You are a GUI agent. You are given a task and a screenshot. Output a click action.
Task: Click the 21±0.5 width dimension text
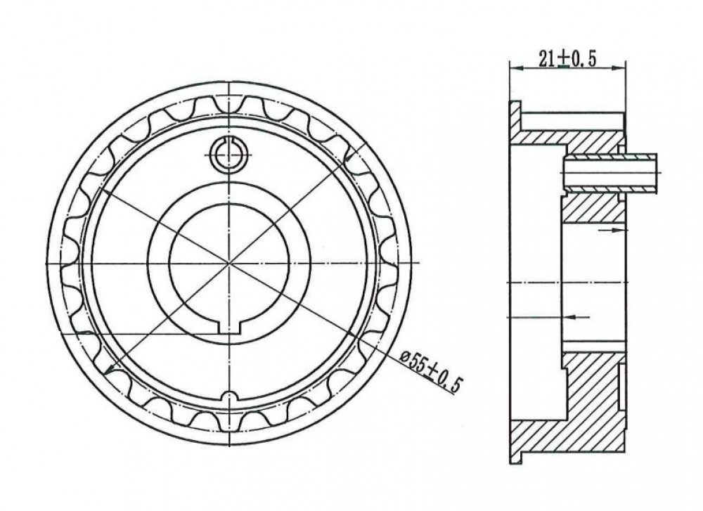(x=567, y=59)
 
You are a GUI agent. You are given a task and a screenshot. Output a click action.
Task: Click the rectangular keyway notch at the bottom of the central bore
(x=230, y=328)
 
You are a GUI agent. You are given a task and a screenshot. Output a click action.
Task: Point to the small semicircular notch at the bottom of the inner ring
(x=229, y=397)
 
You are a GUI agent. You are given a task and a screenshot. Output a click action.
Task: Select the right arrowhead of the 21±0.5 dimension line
(x=619, y=68)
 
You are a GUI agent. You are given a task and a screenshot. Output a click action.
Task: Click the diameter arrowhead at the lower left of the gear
(x=108, y=368)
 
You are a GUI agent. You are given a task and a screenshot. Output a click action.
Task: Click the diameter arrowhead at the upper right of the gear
(x=349, y=157)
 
